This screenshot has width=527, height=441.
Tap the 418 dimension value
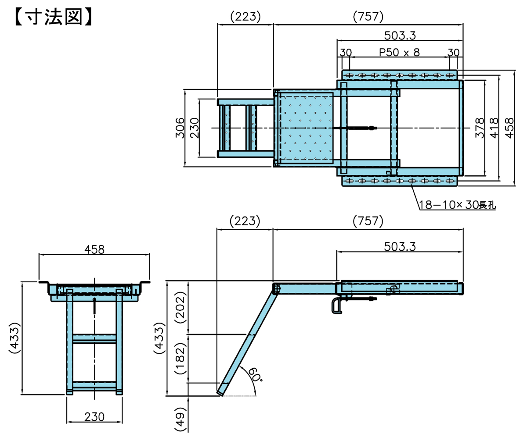click(493, 128)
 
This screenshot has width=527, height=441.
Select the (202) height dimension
click(180, 307)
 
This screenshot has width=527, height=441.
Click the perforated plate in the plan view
click(307, 128)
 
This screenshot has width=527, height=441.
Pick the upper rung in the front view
click(94, 339)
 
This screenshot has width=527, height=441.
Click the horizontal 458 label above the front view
click(94, 249)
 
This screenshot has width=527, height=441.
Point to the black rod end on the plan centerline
click(372, 128)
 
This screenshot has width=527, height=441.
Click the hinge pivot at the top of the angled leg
click(277, 288)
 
